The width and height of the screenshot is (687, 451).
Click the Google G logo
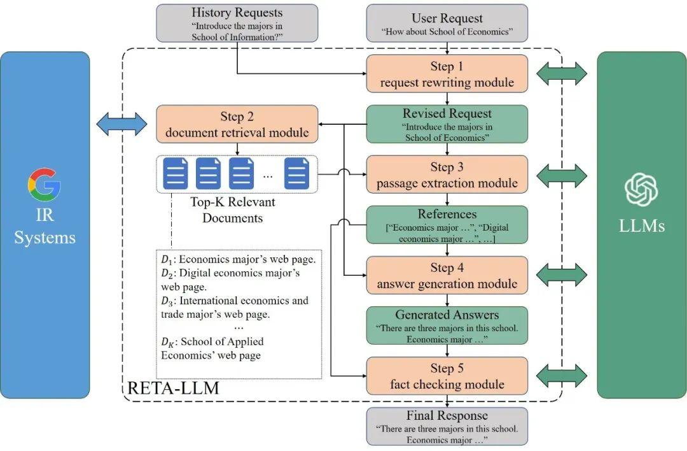44,185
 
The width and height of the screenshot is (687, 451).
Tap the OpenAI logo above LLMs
641,190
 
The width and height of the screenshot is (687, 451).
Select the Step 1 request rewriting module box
447,74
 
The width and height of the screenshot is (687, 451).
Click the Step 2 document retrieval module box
237,124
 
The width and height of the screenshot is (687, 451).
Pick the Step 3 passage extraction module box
447,175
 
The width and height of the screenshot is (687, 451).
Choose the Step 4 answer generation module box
447,275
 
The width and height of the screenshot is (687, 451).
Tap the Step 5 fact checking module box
447,376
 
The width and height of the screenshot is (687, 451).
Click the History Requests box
237,24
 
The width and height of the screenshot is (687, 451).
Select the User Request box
447,24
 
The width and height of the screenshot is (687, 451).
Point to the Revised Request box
447,124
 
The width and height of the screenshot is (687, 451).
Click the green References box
447,225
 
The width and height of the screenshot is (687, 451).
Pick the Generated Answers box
447,326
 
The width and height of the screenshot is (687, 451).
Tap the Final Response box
447,426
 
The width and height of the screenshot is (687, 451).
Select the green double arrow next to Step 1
561,75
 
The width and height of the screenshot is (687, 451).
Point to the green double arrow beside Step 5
561,376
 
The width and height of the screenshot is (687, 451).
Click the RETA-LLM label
174,388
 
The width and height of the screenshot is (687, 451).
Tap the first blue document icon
177,173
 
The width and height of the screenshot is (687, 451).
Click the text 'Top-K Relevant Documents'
232,210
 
